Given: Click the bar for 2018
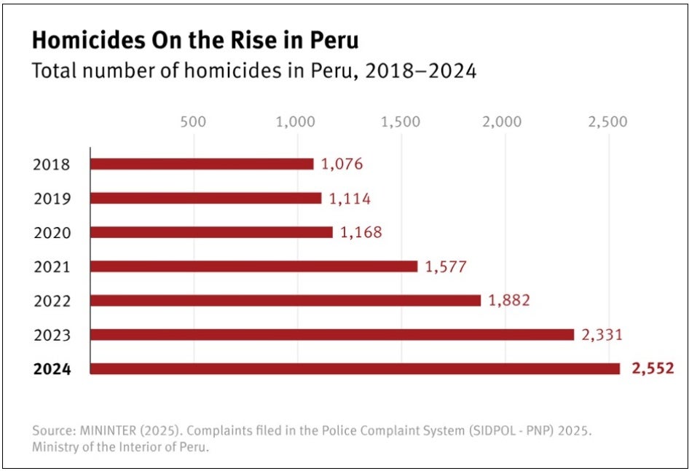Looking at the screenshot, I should pyautogui.click(x=202, y=164).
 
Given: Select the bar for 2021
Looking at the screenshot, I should pyautogui.click(x=253, y=266).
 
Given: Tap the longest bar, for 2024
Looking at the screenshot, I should pyautogui.click(x=355, y=369).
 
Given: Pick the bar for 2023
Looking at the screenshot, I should pyautogui.click(x=332, y=335).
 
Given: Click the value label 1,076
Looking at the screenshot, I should pyautogui.click(x=342, y=165).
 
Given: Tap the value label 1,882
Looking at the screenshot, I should pyautogui.click(x=509, y=301).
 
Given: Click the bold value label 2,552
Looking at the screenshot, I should pyautogui.click(x=652, y=369).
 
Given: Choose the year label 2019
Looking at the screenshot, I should pyautogui.click(x=52, y=199).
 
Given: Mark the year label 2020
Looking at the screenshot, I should pyautogui.click(x=52, y=233).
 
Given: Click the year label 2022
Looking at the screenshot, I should pyautogui.click(x=52, y=301).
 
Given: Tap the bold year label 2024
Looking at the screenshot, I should pyautogui.click(x=52, y=369).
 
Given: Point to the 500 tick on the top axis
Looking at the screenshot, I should pyautogui.click(x=193, y=122).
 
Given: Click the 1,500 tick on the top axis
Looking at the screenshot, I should pyautogui.click(x=400, y=122).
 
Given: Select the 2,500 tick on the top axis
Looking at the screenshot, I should pyautogui.click(x=607, y=122).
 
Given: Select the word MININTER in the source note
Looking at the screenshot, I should pyautogui.click(x=109, y=430).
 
